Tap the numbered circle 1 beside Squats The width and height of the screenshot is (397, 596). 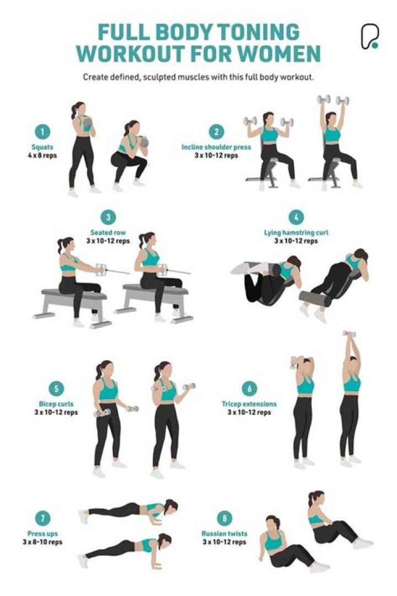click(43, 132)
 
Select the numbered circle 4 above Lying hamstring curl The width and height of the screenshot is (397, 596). click(296, 217)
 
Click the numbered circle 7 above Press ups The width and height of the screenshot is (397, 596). click(42, 518)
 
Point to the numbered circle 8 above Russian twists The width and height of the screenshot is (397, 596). click(224, 519)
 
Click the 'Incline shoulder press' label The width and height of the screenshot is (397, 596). click(216, 147)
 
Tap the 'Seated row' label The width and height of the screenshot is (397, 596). click(108, 232)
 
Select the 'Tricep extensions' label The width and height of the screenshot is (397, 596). click(249, 404)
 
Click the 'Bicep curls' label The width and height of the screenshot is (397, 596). click(56, 404)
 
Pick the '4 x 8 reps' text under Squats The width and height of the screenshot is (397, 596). click(43, 155)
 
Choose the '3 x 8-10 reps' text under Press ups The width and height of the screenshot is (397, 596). click(42, 542)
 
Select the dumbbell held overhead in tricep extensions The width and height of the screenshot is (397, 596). click(348, 333)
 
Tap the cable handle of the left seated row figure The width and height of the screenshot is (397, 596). click(101, 269)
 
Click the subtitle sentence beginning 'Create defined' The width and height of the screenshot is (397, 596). click(198, 77)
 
